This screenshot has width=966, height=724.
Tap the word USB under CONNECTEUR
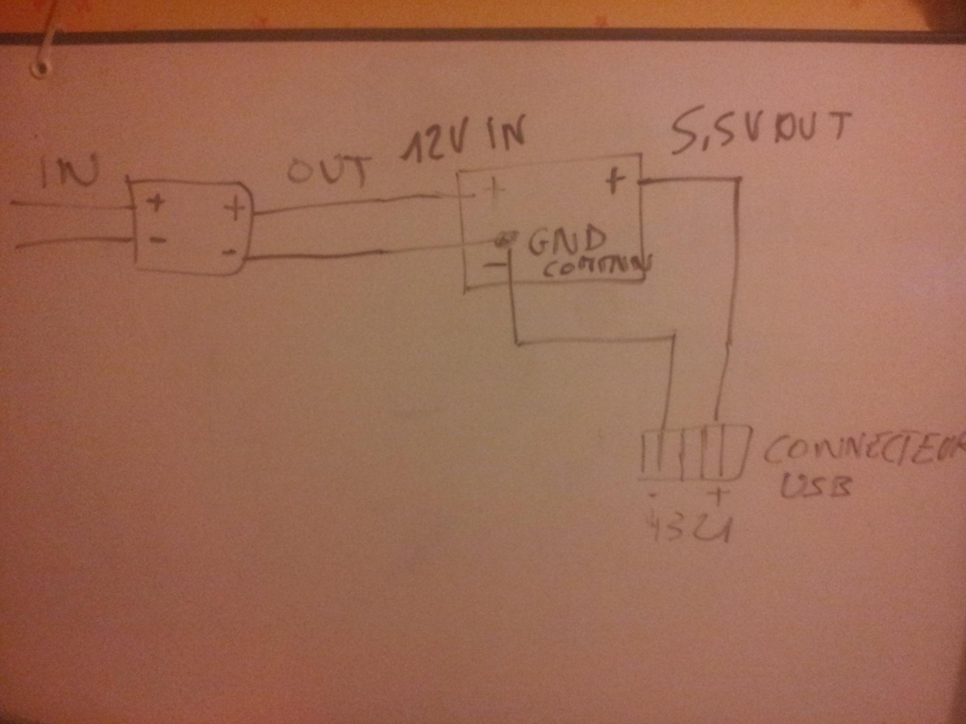[816, 487]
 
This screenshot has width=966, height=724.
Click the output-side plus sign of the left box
[235, 209]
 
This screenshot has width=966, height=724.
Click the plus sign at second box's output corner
[614, 182]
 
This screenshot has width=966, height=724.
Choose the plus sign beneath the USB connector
[718, 496]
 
